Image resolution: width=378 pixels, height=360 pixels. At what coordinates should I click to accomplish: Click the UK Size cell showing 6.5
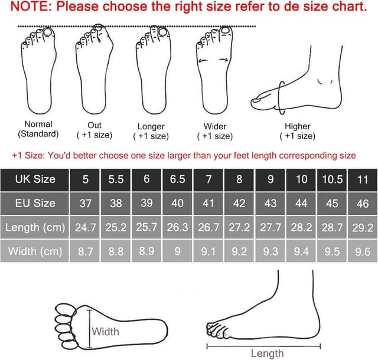(x=177, y=179)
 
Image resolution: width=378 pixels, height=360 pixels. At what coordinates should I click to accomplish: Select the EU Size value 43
(x=271, y=203)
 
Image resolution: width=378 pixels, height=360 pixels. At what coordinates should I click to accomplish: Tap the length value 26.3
(x=177, y=227)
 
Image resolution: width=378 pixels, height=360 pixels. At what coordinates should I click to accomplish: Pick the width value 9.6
(x=363, y=251)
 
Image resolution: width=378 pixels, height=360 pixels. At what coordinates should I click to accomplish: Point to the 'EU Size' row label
(x=35, y=203)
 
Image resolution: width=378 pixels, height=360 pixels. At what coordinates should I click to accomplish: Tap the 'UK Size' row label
(x=35, y=179)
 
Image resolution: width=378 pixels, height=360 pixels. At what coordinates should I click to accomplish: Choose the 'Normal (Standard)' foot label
(x=38, y=129)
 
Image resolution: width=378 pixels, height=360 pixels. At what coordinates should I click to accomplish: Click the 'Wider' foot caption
(x=215, y=126)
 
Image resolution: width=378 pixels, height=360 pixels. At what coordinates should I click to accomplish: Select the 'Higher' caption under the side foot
(x=297, y=126)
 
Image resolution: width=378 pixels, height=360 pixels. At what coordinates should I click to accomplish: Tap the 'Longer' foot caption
(x=151, y=126)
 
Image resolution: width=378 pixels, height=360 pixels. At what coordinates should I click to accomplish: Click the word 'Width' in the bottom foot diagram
(x=105, y=331)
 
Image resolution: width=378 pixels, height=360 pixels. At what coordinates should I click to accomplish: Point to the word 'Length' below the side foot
(x=267, y=354)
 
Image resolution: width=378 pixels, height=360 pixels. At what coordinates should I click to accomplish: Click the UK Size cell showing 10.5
(x=333, y=179)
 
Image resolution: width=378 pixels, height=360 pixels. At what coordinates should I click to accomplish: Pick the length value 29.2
(x=363, y=227)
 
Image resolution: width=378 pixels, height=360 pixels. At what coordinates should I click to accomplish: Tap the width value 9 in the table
(x=177, y=251)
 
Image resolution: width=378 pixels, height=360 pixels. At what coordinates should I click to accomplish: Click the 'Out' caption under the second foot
(x=94, y=125)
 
